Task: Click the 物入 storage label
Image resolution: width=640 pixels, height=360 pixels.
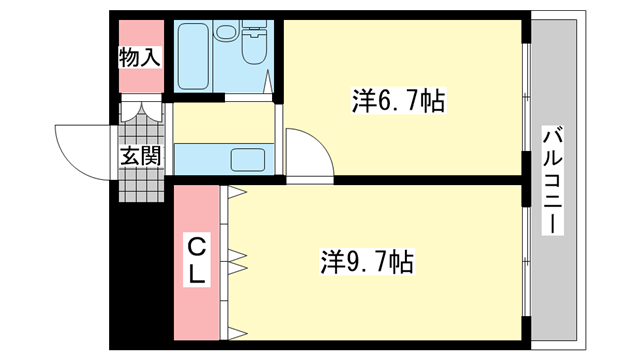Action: [139, 57]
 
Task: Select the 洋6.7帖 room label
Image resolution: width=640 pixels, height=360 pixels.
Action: [398, 100]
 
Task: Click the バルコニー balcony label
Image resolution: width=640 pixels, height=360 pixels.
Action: [550, 180]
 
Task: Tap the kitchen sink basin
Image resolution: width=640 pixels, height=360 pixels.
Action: [246, 159]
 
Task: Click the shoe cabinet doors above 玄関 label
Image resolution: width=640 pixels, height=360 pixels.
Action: [139, 112]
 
